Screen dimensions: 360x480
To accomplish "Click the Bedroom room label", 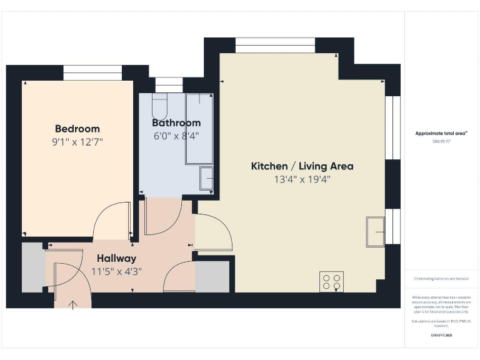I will click(x=77, y=129).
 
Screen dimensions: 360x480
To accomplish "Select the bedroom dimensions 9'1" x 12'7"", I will click(x=77, y=142).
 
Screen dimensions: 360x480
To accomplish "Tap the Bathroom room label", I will click(x=176, y=123).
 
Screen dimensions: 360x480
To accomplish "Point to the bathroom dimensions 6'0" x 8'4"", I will click(x=176, y=136).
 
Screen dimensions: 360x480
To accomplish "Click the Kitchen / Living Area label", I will click(x=302, y=166).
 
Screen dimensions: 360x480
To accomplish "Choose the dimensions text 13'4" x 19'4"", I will click(x=302, y=179).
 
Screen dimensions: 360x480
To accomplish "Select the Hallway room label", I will click(x=116, y=258).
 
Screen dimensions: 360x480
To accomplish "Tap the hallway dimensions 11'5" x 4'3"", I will click(x=116, y=271).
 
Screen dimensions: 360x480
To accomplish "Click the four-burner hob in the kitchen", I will click(x=331, y=282).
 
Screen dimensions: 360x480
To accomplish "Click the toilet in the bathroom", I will click(x=159, y=107).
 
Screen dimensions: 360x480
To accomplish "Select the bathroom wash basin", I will click(x=206, y=178).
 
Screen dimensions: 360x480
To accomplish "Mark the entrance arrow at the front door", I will click(x=72, y=304).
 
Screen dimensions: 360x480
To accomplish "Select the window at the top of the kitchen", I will click(x=275, y=46).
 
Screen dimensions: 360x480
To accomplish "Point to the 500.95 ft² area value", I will click(x=441, y=141).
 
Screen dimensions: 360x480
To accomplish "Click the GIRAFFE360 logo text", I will click(x=441, y=335).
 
